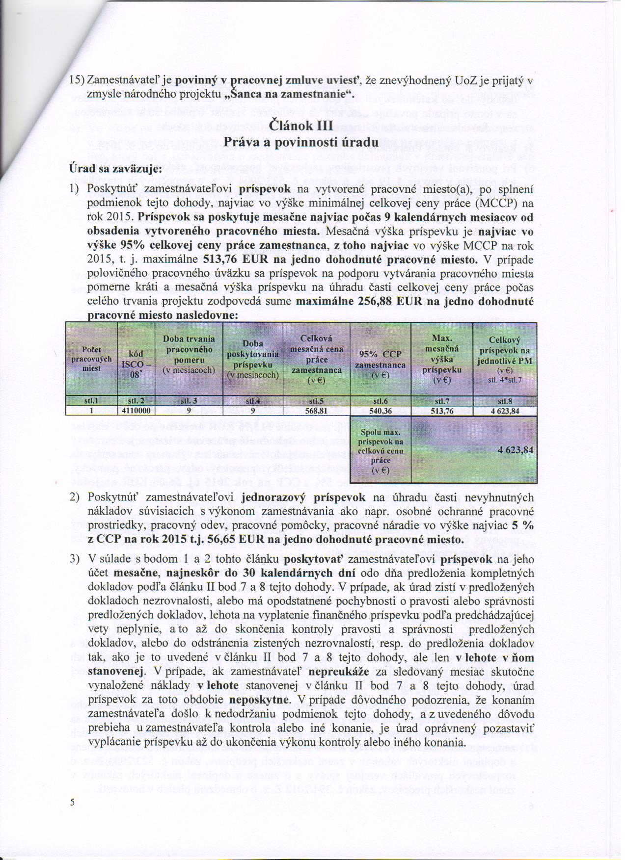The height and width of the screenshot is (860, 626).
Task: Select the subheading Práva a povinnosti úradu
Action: pyautogui.click(x=301, y=143)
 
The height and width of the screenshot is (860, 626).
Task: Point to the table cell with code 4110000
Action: pyautogui.click(x=136, y=411)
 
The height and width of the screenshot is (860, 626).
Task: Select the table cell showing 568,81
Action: pyautogui.click(x=316, y=411)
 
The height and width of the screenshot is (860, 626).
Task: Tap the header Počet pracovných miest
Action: pyautogui.click(x=92, y=359)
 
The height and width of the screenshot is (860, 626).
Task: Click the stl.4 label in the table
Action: pyautogui.click(x=253, y=401)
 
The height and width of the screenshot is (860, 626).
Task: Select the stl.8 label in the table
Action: pyautogui.click(x=505, y=401)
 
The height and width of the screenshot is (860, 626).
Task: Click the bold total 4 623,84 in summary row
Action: pyautogui.click(x=515, y=449)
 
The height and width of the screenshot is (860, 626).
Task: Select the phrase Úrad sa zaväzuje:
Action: pyautogui.click(x=114, y=169)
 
